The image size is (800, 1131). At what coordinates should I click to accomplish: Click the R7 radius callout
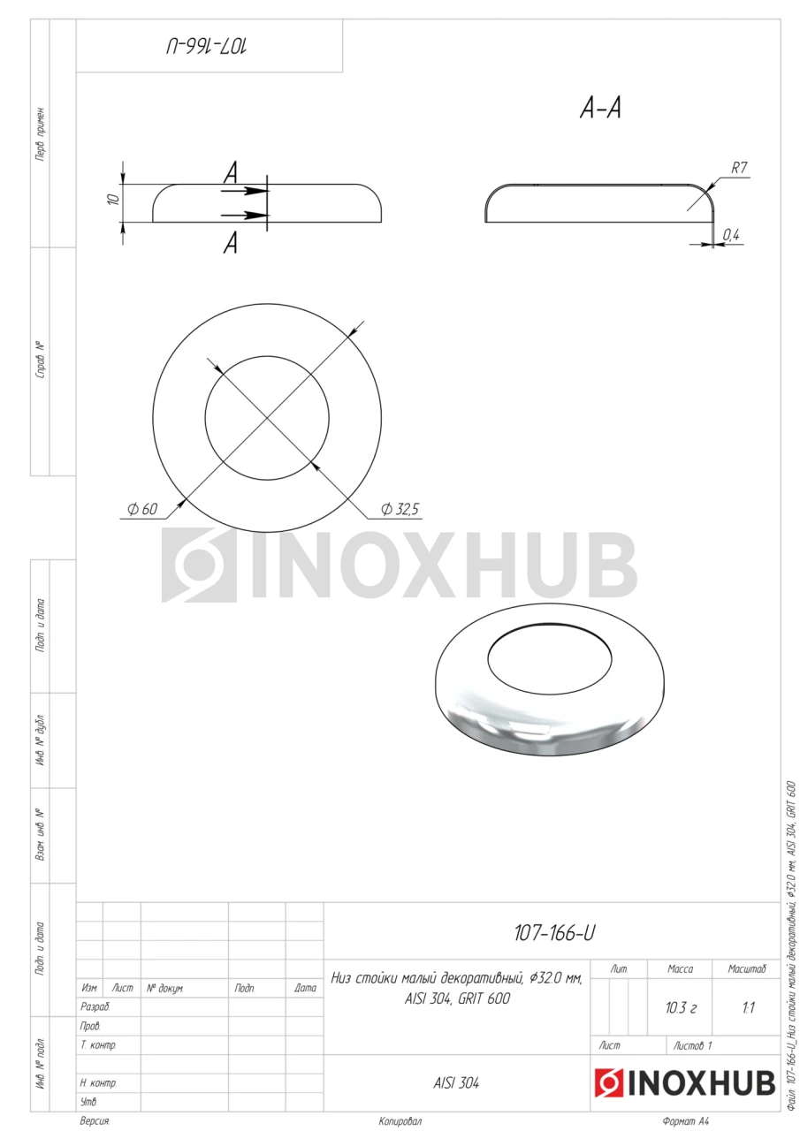pyautogui.click(x=739, y=168)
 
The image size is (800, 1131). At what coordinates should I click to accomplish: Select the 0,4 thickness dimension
pyautogui.click(x=731, y=234)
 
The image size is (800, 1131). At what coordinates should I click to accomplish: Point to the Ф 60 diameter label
pyautogui.click(x=142, y=509)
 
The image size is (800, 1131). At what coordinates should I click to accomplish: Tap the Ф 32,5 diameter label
pyautogui.click(x=400, y=509)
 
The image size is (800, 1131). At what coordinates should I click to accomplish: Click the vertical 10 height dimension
pyautogui.click(x=114, y=199)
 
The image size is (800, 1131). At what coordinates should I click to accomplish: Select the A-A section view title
pyautogui.click(x=600, y=108)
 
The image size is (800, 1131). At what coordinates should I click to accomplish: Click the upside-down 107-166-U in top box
pyautogui.click(x=207, y=48)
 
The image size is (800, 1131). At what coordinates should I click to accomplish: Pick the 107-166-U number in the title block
pyautogui.click(x=554, y=933)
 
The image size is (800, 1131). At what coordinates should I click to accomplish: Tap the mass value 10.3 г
pyautogui.click(x=681, y=1008)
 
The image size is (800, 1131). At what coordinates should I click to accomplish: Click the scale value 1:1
pyautogui.click(x=748, y=1008)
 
